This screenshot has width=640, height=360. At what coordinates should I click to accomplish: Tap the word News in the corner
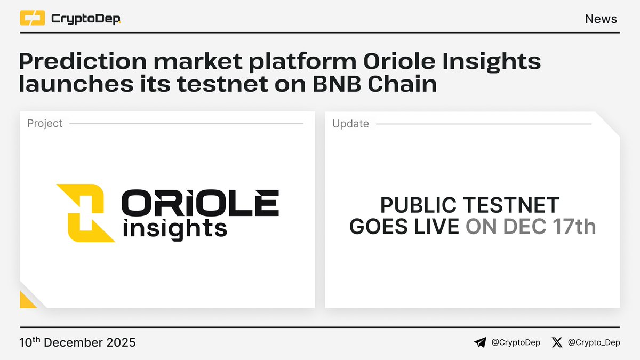(601, 19)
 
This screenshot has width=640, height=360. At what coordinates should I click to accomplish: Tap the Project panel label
(45, 124)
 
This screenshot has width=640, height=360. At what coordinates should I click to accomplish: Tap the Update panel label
(350, 124)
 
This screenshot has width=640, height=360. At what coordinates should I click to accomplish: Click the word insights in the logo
(175, 228)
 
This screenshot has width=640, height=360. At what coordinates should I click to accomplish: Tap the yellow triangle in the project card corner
(27, 301)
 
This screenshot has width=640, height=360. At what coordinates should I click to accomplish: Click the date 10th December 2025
(77, 342)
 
